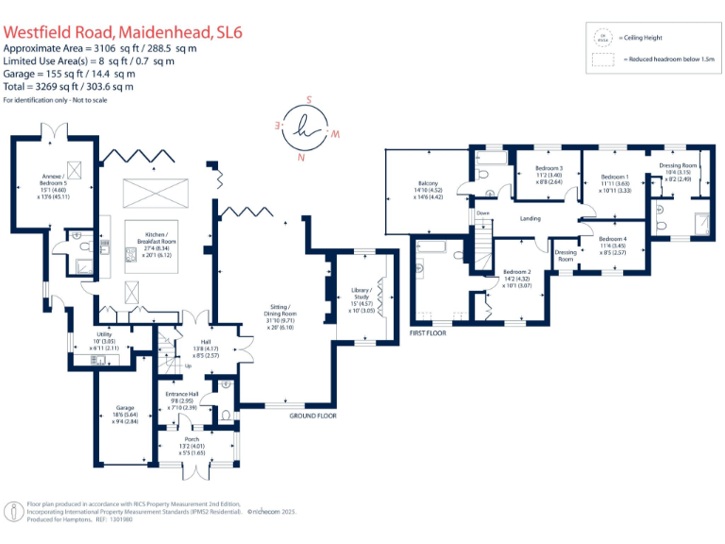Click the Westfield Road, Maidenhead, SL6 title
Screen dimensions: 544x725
coord(123,32)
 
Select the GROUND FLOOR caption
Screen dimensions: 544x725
coord(312,416)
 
